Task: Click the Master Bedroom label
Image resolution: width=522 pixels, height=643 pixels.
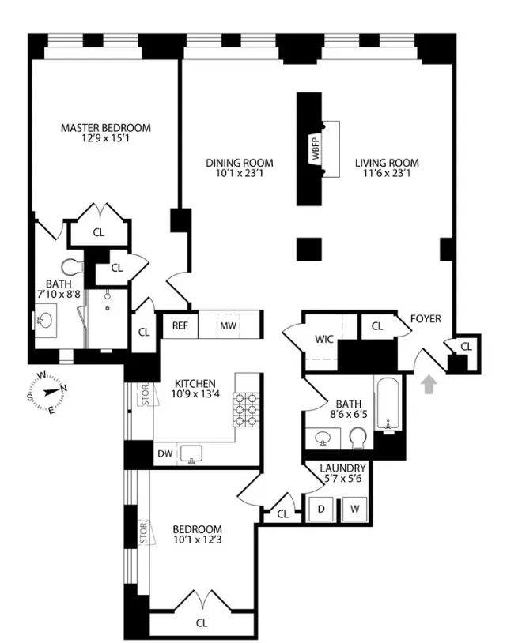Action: (x=106, y=128)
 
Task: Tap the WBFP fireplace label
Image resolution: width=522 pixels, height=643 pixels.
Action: (x=316, y=150)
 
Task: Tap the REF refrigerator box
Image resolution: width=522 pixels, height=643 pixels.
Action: (x=179, y=325)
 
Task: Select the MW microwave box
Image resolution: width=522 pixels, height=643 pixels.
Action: (x=228, y=325)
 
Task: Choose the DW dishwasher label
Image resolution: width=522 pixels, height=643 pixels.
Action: (x=165, y=453)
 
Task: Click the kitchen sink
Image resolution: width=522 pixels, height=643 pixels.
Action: (x=192, y=453)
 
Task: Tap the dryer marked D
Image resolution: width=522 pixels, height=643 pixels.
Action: (x=321, y=510)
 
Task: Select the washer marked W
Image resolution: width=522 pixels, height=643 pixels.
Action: (x=355, y=510)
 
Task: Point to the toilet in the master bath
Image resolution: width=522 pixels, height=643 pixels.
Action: (x=72, y=266)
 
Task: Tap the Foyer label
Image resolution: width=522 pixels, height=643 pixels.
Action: (x=425, y=319)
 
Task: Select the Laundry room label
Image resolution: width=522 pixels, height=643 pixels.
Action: (x=342, y=468)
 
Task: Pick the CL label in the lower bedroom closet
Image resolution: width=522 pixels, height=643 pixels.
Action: (x=202, y=622)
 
